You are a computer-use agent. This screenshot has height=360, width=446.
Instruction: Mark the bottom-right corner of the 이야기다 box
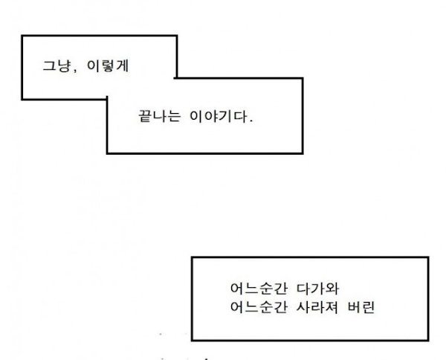[303, 153]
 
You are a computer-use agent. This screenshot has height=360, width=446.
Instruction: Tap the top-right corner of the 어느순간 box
[428, 257]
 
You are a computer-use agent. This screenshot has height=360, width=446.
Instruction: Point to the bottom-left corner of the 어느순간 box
[193, 340]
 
